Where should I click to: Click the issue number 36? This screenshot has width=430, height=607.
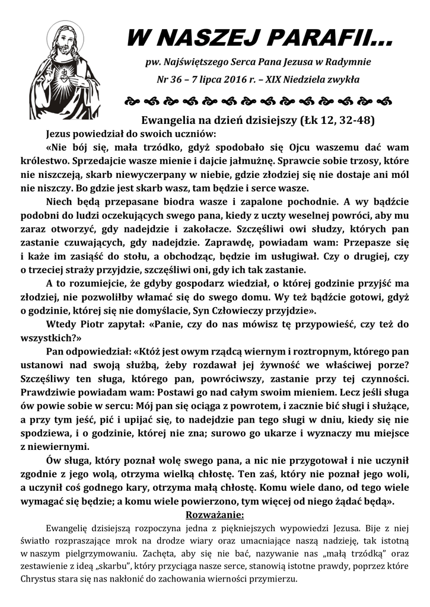point(182,79)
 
